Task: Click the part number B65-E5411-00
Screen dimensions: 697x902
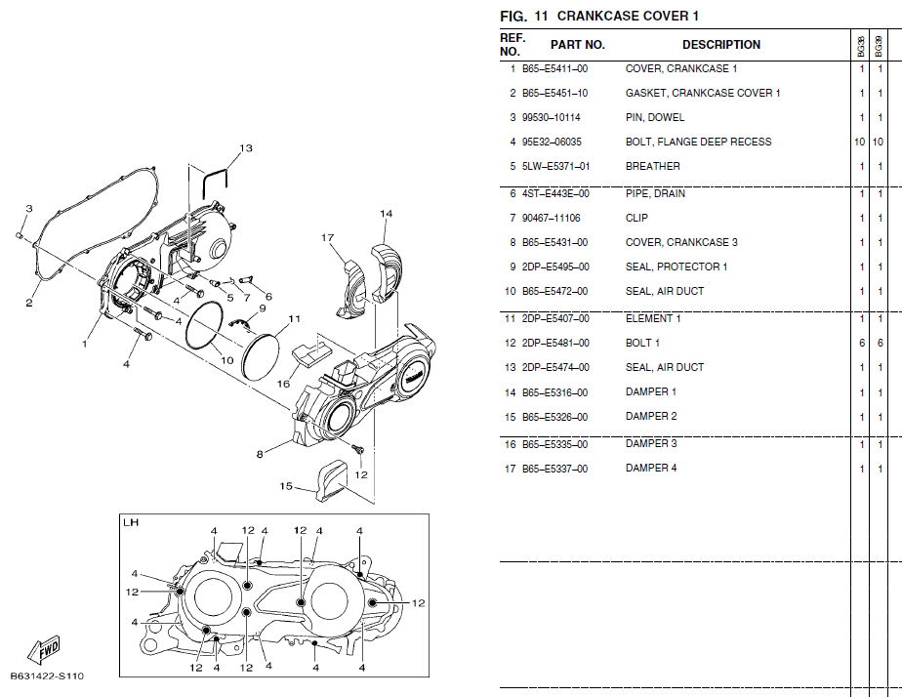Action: tap(554, 69)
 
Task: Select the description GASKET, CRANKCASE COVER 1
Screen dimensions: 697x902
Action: tap(702, 94)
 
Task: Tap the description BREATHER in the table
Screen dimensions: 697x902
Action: tap(652, 167)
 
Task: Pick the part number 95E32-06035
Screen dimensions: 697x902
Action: tap(552, 143)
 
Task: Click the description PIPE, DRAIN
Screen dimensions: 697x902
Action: tap(655, 194)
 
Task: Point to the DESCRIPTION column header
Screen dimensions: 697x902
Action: tap(720, 45)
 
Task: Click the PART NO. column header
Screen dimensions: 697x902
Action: tap(577, 45)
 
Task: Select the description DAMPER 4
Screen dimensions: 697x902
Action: tap(651, 469)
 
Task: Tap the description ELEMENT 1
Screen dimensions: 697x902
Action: tap(653, 319)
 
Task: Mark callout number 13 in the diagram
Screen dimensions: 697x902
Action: tap(246, 148)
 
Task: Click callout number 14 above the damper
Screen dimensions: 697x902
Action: tap(386, 214)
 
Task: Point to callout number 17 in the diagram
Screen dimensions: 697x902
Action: tap(327, 237)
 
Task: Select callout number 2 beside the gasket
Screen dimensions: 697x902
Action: tap(29, 303)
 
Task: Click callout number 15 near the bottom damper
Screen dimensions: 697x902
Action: tap(286, 485)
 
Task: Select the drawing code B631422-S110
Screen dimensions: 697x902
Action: tap(47, 676)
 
